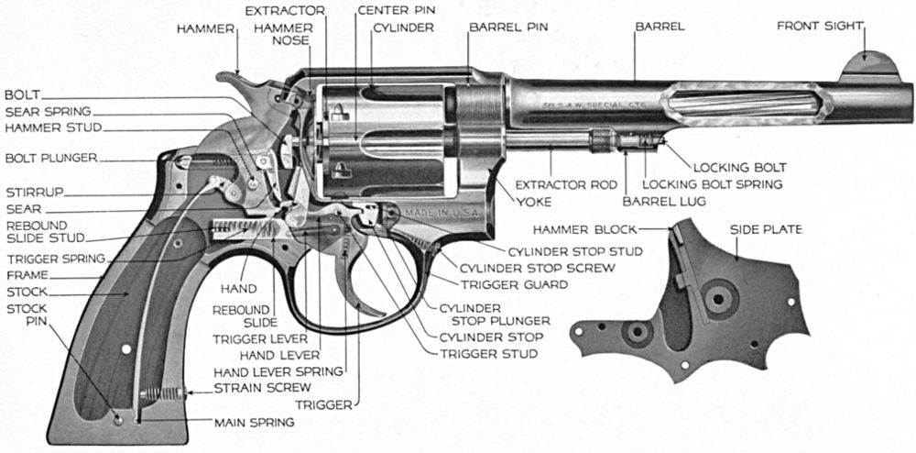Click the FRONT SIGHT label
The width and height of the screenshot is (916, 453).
(820, 26)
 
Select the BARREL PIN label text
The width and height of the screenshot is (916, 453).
(508, 27)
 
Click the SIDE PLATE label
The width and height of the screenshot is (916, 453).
(766, 228)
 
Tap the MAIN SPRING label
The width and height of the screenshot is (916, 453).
(255, 423)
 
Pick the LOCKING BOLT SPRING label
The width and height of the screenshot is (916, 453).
(712, 184)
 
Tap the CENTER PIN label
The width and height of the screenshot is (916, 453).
(396, 10)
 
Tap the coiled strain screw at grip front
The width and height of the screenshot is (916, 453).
(166, 394)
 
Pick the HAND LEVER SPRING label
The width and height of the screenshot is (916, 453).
(278, 371)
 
